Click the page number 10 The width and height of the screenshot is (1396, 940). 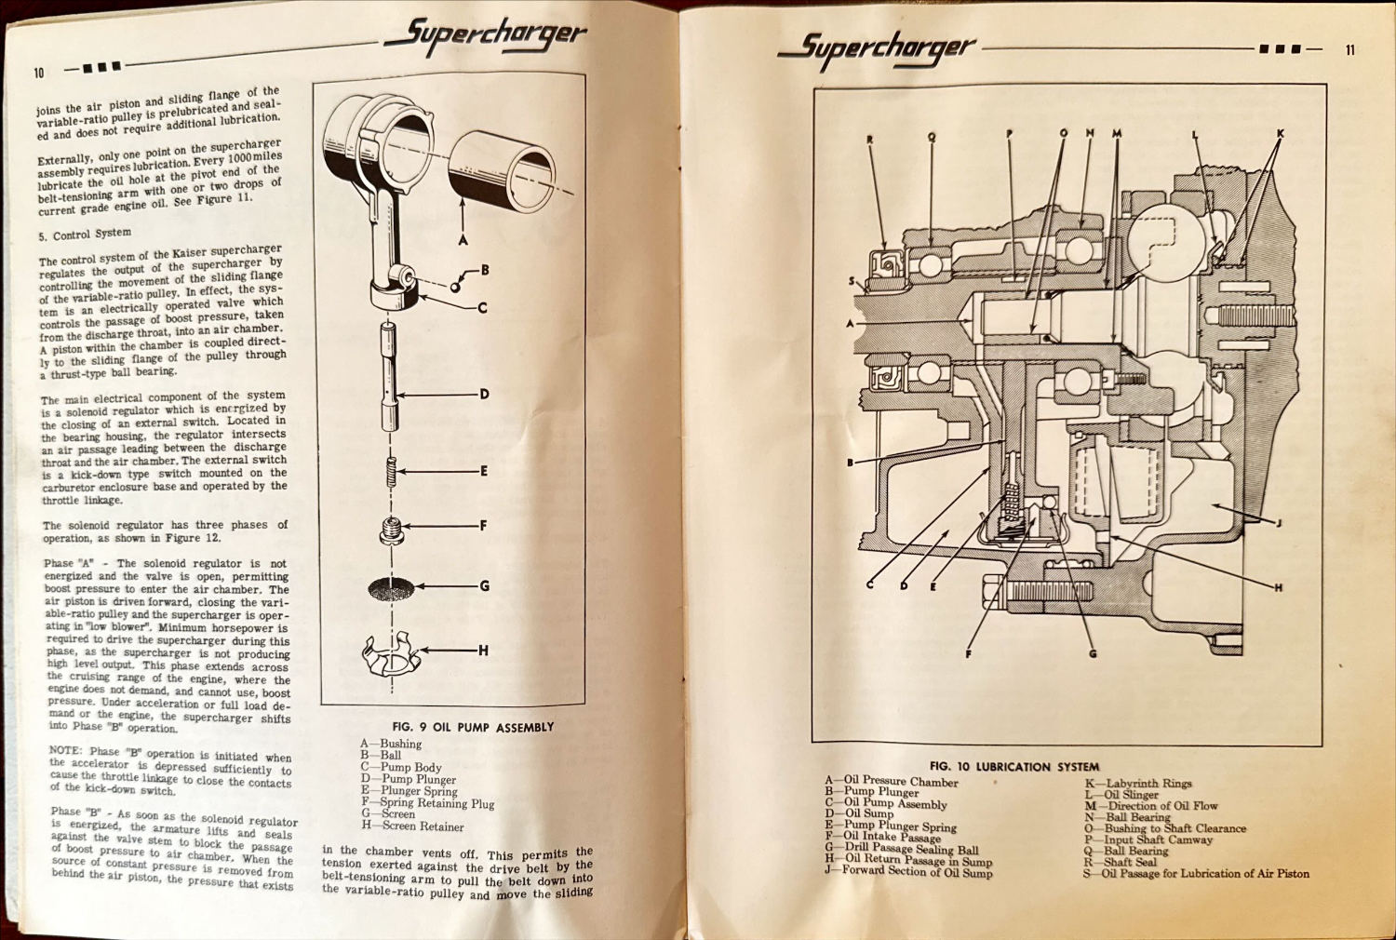pyautogui.click(x=39, y=73)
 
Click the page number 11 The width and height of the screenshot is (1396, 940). pyautogui.click(x=1350, y=50)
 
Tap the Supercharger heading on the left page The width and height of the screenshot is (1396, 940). pyautogui.click(x=485, y=36)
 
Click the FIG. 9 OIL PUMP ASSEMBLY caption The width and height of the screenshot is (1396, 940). pyautogui.click(x=473, y=727)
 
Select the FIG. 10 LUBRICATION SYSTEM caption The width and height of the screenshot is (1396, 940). pyautogui.click(x=1013, y=767)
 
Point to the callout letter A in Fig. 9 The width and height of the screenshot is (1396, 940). pyautogui.click(x=463, y=240)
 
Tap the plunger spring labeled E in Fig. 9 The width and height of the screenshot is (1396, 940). pyautogui.click(x=392, y=472)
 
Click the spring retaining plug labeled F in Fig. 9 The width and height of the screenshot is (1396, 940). pyautogui.click(x=392, y=530)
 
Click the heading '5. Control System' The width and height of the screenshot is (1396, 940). pyautogui.click(x=85, y=235)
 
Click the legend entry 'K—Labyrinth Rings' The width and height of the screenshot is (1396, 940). pyautogui.click(x=1137, y=784)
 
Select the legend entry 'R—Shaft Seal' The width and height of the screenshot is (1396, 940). pyautogui.click(x=1121, y=862)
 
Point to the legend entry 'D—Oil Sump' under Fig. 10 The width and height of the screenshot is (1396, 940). pyautogui.click(x=858, y=813)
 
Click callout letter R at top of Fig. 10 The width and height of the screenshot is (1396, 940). pyautogui.click(x=870, y=141)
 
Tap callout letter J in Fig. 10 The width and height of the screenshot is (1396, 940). pyautogui.click(x=1278, y=523)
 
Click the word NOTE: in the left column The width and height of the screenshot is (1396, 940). pyautogui.click(x=66, y=750)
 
